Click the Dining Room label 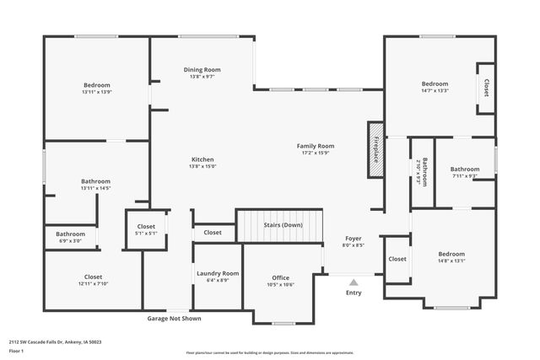[x=202, y=69]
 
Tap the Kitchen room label [x=202, y=159]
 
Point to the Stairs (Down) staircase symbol [x=279, y=226]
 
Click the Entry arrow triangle [x=354, y=282]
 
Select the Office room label [x=280, y=277]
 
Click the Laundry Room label [x=218, y=273]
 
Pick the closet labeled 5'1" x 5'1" [x=146, y=234]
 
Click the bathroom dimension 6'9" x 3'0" [x=71, y=241]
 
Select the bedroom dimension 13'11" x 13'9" [x=97, y=92]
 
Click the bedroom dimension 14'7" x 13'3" [x=435, y=91]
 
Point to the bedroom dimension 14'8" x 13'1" [x=451, y=261]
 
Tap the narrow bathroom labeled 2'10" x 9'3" [x=422, y=172]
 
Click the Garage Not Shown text [x=175, y=319]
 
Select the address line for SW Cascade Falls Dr [x=56, y=341]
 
